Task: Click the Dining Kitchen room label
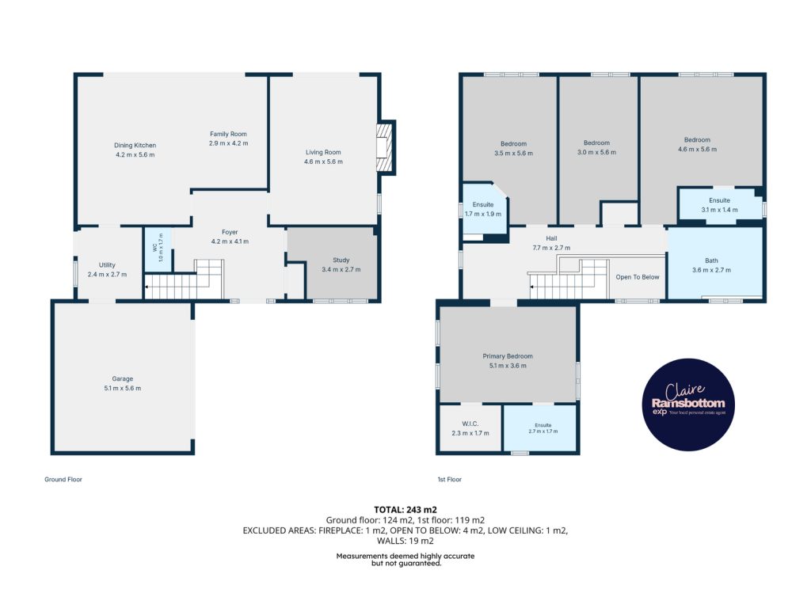click(x=135, y=146)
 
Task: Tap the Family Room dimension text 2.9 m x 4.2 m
click(x=228, y=143)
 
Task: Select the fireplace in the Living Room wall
click(x=386, y=147)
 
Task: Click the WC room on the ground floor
click(x=158, y=249)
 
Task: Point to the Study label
click(x=341, y=260)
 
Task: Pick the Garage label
click(x=123, y=378)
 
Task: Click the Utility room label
click(x=107, y=264)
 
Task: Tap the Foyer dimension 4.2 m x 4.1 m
click(x=230, y=241)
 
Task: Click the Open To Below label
click(x=638, y=277)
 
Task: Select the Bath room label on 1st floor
click(x=711, y=260)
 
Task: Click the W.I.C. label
click(x=470, y=424)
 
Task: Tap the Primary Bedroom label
click(x=508, y=356)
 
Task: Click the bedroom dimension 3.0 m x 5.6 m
click(x=597, y=153)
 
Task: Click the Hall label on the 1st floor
click(x=551, y=238)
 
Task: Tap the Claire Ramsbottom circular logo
click(x=688, y=405)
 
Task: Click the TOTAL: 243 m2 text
click(x=405, y=510)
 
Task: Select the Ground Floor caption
click(x=63, y=479)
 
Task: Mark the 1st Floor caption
click(x=450, y=479)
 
